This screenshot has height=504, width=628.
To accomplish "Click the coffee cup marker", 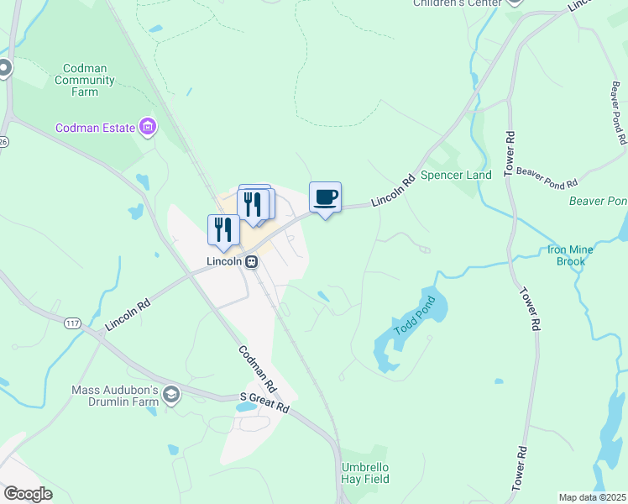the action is (x=325, y=198).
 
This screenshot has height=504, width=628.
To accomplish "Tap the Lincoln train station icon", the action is (x=250, y=261).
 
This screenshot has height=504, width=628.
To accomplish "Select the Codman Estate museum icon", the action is (x=148, y=128).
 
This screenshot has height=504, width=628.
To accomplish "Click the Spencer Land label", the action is (x=456, y=175).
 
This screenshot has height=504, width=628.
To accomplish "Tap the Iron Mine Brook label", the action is (x=570, y=255).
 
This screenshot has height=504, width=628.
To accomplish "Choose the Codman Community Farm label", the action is (x=84, y=80).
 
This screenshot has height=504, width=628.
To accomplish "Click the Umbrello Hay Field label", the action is (x=365, y=473).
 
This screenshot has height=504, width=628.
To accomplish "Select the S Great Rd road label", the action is (x=264, y=402).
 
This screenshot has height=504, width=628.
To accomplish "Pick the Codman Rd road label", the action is (x=258, y=370).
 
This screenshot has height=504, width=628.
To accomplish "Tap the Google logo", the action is (x=28, y=494).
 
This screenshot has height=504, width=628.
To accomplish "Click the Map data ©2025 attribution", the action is (x=592, y=497).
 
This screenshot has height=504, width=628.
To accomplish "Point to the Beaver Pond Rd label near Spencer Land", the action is (x=547, y=177).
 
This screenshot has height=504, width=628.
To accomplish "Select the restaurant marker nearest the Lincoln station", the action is (x=223, y=230).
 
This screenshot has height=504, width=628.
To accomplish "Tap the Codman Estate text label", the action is (x=95, y=128).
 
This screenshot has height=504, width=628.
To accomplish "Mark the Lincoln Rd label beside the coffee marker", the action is (x=394, y=190).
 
